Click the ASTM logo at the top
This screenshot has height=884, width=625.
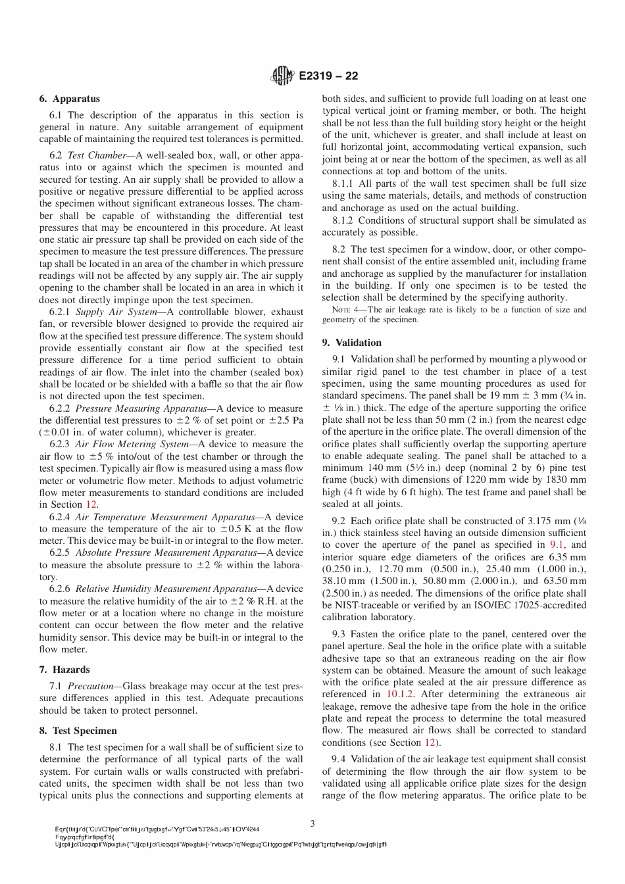pyautogui.click(x=282, y=76)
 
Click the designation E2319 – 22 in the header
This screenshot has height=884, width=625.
pyautogui.click(x=328, y=76)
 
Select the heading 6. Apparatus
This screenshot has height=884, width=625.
pyautogui.click(x=69, y=99)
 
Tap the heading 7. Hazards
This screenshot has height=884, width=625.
pyautogui.click(x=64, y=670)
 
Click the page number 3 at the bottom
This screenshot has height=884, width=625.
pyautogui.click(x=312, y=823)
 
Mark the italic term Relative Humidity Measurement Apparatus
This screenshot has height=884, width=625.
pyautogui.click(x=166, y=589)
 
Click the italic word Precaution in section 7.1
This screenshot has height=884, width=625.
pyautogui.click(x=91, y=686)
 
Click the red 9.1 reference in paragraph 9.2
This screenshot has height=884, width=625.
pyautogui.click(x=557, y=545)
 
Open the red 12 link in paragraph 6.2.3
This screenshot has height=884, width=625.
pyautogui.click(x=91, y=505)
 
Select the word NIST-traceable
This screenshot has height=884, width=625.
pyautogui.click(x=369, y=605)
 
